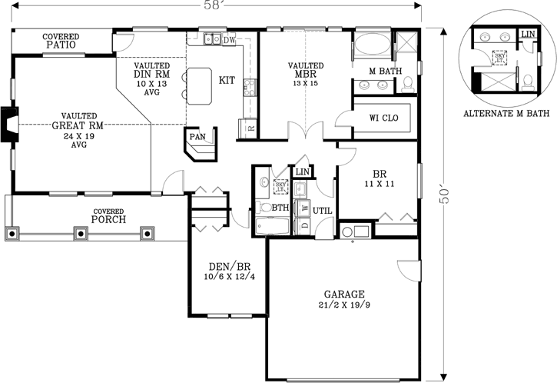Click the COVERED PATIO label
point(59,41)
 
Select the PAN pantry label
point(197,137)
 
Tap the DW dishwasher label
point(229,39)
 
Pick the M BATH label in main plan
point(386,72)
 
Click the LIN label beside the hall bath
point(302,172)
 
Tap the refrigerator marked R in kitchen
point(250,127)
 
